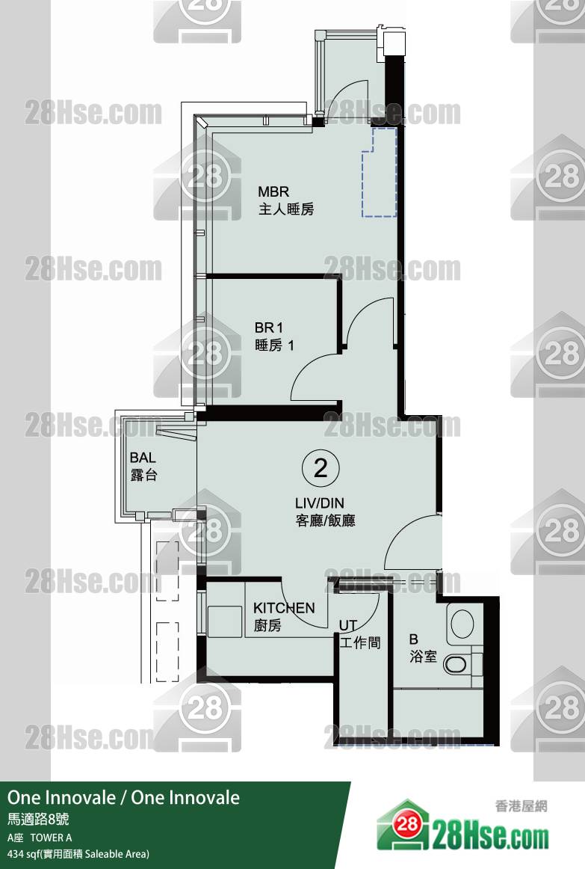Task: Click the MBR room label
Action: (273, 191)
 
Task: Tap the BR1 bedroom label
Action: (268, 328)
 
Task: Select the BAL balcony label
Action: (143, 458)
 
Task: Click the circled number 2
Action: (321, 468)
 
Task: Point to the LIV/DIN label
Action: (319, 503)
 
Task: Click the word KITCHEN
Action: (284, 608)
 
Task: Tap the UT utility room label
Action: (348, 626)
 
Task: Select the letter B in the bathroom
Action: (413, 639)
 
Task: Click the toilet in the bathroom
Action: (458, 665)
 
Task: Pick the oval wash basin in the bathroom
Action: (462, 624)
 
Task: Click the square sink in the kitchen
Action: (225, 621)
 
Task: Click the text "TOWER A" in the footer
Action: (51, 838)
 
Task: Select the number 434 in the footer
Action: (15, 854)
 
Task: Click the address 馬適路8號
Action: (38, 819)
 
